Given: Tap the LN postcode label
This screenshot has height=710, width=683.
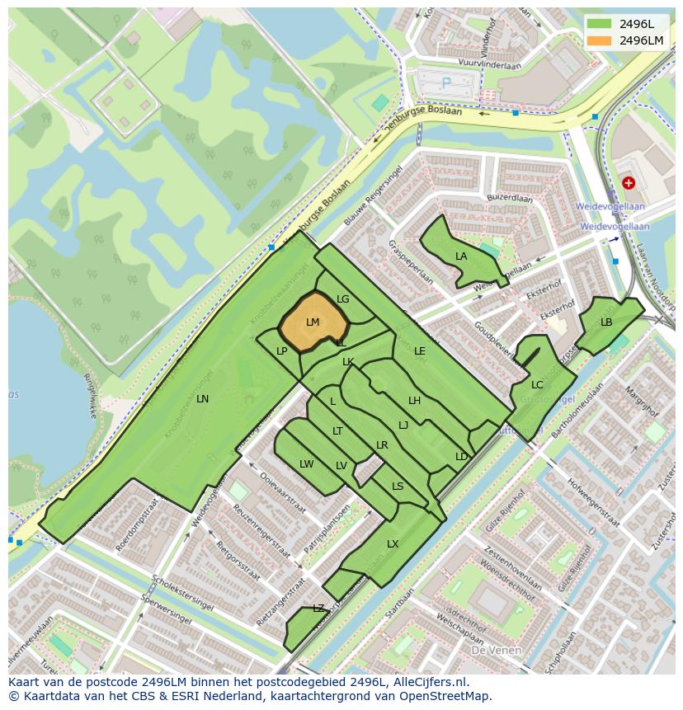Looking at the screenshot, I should pos(202,399).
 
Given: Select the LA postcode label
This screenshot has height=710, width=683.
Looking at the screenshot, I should pos(461,256).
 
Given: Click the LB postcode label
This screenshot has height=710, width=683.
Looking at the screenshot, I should pos(606,322).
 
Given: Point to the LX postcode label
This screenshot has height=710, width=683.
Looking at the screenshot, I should pos(393,544).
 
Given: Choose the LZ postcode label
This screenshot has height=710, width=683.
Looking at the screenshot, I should pos(318,609).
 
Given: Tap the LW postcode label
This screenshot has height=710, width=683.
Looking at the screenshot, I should pos(307,464).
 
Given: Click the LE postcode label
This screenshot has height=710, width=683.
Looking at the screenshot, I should pos(420,351).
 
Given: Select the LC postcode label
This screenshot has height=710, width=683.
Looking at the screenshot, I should pos(537,385).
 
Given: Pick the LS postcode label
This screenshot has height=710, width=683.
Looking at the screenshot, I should pos(398,487).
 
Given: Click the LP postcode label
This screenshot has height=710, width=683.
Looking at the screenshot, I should pos(281,351).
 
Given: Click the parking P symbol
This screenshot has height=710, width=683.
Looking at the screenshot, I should pos(446,82).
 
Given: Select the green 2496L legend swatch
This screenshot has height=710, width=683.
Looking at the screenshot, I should pos(599,24).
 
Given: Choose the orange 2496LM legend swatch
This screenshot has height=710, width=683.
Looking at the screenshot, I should pos(599,40).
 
